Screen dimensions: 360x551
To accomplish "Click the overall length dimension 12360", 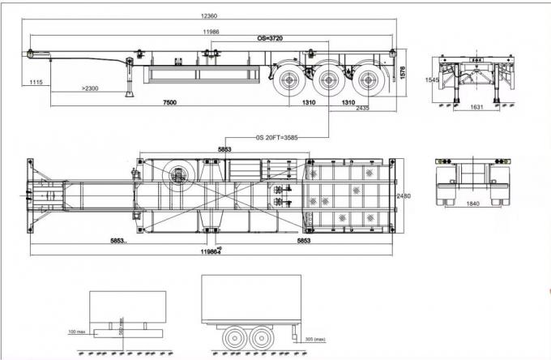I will pyautogui.click(x=214, y=17).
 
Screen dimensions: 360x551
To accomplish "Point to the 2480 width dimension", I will pyautogui.click(x=404, y=197).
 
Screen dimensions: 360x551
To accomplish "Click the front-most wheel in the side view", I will pyautogui.click(x=286, y=80).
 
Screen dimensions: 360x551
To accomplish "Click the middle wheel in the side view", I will pyautogui.click(x=329, y=80).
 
